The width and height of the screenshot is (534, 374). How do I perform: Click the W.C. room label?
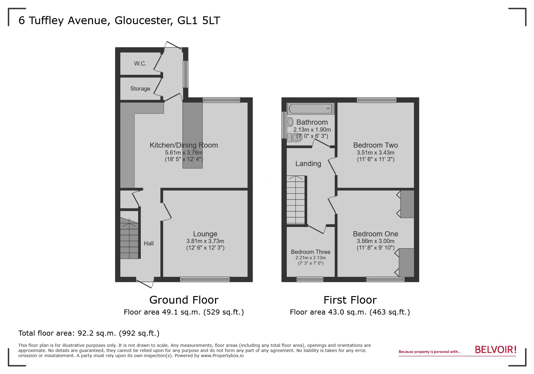tap(140, 64)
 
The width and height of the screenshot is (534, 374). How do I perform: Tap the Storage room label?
tap(140, 89)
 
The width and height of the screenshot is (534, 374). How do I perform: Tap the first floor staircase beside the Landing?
tap(296, 200)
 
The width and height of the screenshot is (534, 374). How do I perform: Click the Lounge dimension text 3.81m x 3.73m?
tap(205, 241)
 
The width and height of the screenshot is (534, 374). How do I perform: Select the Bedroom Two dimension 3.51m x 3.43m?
tap(375, 153)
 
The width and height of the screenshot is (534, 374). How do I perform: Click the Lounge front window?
tap(205, 280)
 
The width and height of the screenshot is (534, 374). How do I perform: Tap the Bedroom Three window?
tap(310, 280)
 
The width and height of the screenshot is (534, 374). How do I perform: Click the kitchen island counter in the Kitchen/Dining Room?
tap(192, 135)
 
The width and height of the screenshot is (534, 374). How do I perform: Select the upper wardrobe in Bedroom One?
tap(407, 204)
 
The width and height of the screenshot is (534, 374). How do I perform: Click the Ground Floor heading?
tap(184, 300)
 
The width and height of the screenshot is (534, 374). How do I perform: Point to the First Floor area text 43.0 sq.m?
tap(350, 312)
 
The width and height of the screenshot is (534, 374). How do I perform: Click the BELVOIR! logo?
tap(495, 350)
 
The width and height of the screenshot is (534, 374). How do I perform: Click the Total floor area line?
tap(89, 333)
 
